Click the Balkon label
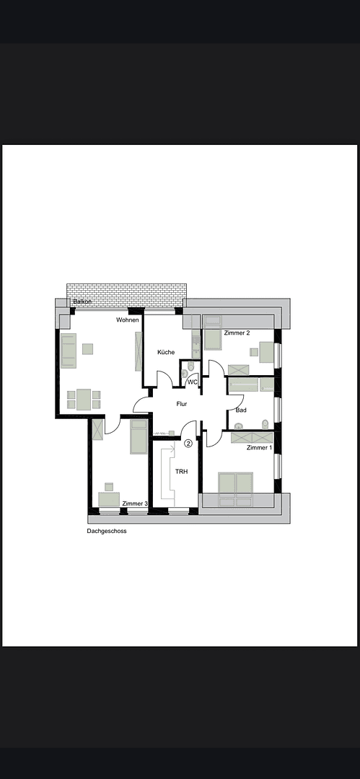click(x=82, y=302)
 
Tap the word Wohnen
click(x=128, y=320)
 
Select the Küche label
click(x=166, y=352)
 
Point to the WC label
click(x=193, y=382)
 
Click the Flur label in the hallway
click(x=182, y=404)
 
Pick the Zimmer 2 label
click(x=237, y=333)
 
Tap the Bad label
click(x=241, y=410)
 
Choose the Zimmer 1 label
click(x=259, y=448)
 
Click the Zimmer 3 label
click(x=135, y=503)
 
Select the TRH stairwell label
click(x=182, y=471)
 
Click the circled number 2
click(x=188, y=444)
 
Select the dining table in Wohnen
click(x=84, y=399)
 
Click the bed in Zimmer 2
click(x=213, y=335)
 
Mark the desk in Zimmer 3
click(x=109, y=499)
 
